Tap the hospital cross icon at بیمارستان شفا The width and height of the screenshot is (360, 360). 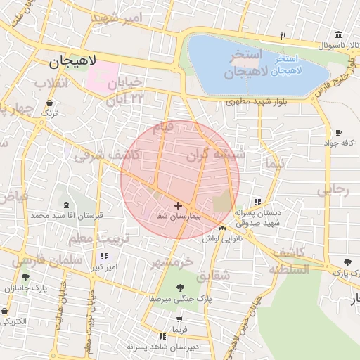click(178, 206)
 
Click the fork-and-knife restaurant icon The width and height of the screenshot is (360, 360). click(283, 35)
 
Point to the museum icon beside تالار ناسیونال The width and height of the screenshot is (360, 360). click(339, 35)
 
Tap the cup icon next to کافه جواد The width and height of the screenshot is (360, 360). click(338, 133)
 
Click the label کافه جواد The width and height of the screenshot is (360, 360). click(338, 143)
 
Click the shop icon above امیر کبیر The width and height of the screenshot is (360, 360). click(105, 257)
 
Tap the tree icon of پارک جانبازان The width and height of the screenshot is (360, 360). click(26, 278)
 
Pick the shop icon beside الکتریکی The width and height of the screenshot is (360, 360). click(5, 311)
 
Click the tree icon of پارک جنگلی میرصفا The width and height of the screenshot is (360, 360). click(180, 287)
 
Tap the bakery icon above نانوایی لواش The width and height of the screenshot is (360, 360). click(222, 229)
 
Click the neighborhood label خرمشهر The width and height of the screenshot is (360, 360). click(173, 262)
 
